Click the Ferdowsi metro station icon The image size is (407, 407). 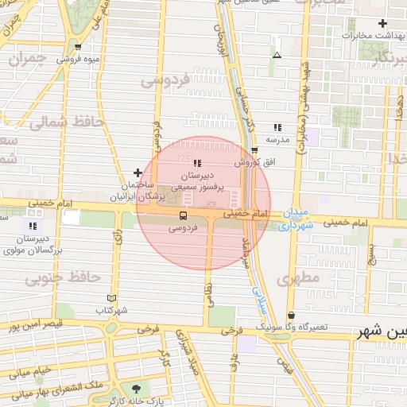coord(184,215)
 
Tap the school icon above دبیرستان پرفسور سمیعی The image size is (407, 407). coord(196,163)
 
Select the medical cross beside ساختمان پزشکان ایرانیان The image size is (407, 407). coord(138,172)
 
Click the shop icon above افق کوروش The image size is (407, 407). coord(254,149)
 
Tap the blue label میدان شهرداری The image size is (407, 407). coord(299,219)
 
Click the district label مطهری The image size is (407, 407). coord(298,278)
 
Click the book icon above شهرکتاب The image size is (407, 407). coord(111,298)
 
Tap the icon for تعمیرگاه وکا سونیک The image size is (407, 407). coord(291,315)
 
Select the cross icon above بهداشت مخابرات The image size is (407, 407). coord(382,24)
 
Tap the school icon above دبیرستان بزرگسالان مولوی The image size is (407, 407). coord(33,227)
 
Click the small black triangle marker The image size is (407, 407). coord(277,55)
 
